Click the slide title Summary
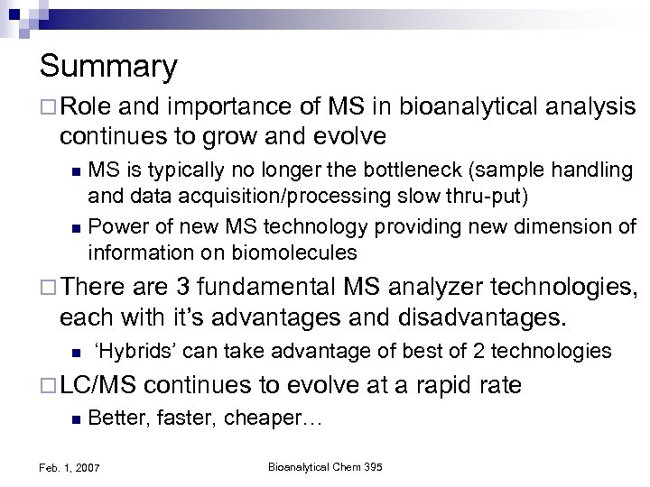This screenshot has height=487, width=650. (x=108, y=67)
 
